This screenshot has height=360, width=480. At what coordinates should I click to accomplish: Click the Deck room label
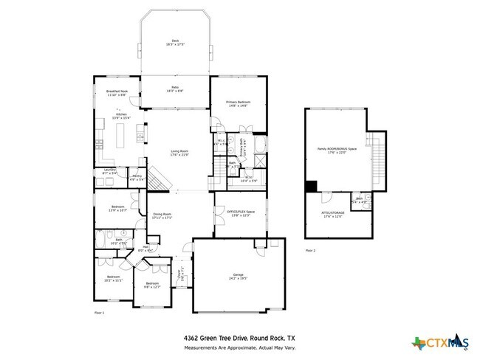pos(175,42)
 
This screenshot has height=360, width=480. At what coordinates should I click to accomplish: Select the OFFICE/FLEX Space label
pos(239,214)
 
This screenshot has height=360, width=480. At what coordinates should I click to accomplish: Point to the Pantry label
pos(137,177)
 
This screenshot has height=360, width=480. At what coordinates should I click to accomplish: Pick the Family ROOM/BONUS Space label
pos(337,150)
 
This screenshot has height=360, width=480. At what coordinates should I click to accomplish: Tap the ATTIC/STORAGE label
pos(336,214)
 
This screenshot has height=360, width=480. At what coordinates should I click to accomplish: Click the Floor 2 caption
pos(310,250)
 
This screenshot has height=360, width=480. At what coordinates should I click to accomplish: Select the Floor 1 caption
pos(100,313)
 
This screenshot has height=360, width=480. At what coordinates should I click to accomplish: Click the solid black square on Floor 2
pos(311,186)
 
